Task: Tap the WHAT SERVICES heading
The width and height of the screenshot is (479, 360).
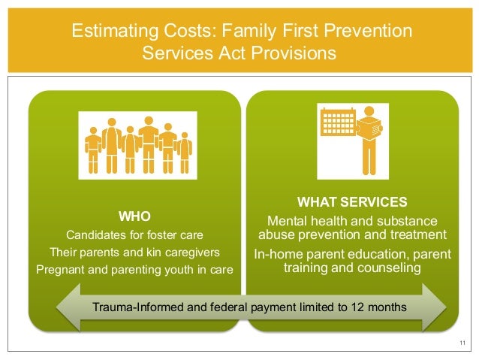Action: tap(352, 202)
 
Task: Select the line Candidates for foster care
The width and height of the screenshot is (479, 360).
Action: tap(135, 233)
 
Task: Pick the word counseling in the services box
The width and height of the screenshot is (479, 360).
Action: tap(381, 267)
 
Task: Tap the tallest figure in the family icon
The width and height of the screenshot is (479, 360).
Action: tap(147, 144)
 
